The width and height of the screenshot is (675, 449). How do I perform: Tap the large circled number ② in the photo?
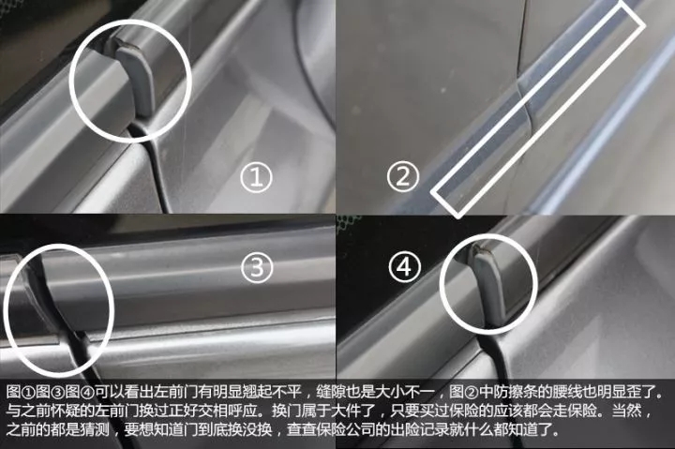(403, 176)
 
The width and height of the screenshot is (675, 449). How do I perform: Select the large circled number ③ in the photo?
(257, 267)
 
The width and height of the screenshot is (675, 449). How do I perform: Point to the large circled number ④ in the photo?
(404, 267)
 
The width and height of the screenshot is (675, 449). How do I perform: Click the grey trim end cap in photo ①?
(136, 78)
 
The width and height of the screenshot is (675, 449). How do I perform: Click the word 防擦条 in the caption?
(516, 392)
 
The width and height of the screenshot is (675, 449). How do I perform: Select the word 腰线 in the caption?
(567, 392)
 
